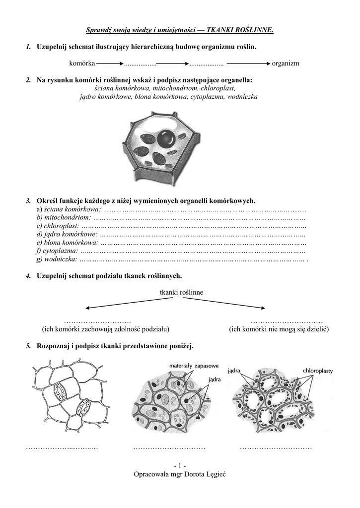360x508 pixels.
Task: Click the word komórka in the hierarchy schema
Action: pyautogui.click(x=82, y=63)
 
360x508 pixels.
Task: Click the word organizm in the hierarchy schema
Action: pyautogui.click(x=286, y=63)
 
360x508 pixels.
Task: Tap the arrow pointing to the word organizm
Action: pyautogui.click(x=248, y=64)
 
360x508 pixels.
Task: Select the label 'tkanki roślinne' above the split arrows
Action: pyautogui.click(x=181, y=292)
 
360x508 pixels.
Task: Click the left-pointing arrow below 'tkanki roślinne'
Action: pyautogui.click(x=119, y=304)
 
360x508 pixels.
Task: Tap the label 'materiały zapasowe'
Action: pyautogui.click(x=194, y=366)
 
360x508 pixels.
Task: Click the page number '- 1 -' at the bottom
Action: pyautogui.click(x=180, y=465)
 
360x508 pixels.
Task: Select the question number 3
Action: pyautogui.click(x=29, y=201)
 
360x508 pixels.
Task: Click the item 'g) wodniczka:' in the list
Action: pyautogui.click(x=57, y=259)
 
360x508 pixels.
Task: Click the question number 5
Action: pyautogui.click(x=29, y=346)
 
